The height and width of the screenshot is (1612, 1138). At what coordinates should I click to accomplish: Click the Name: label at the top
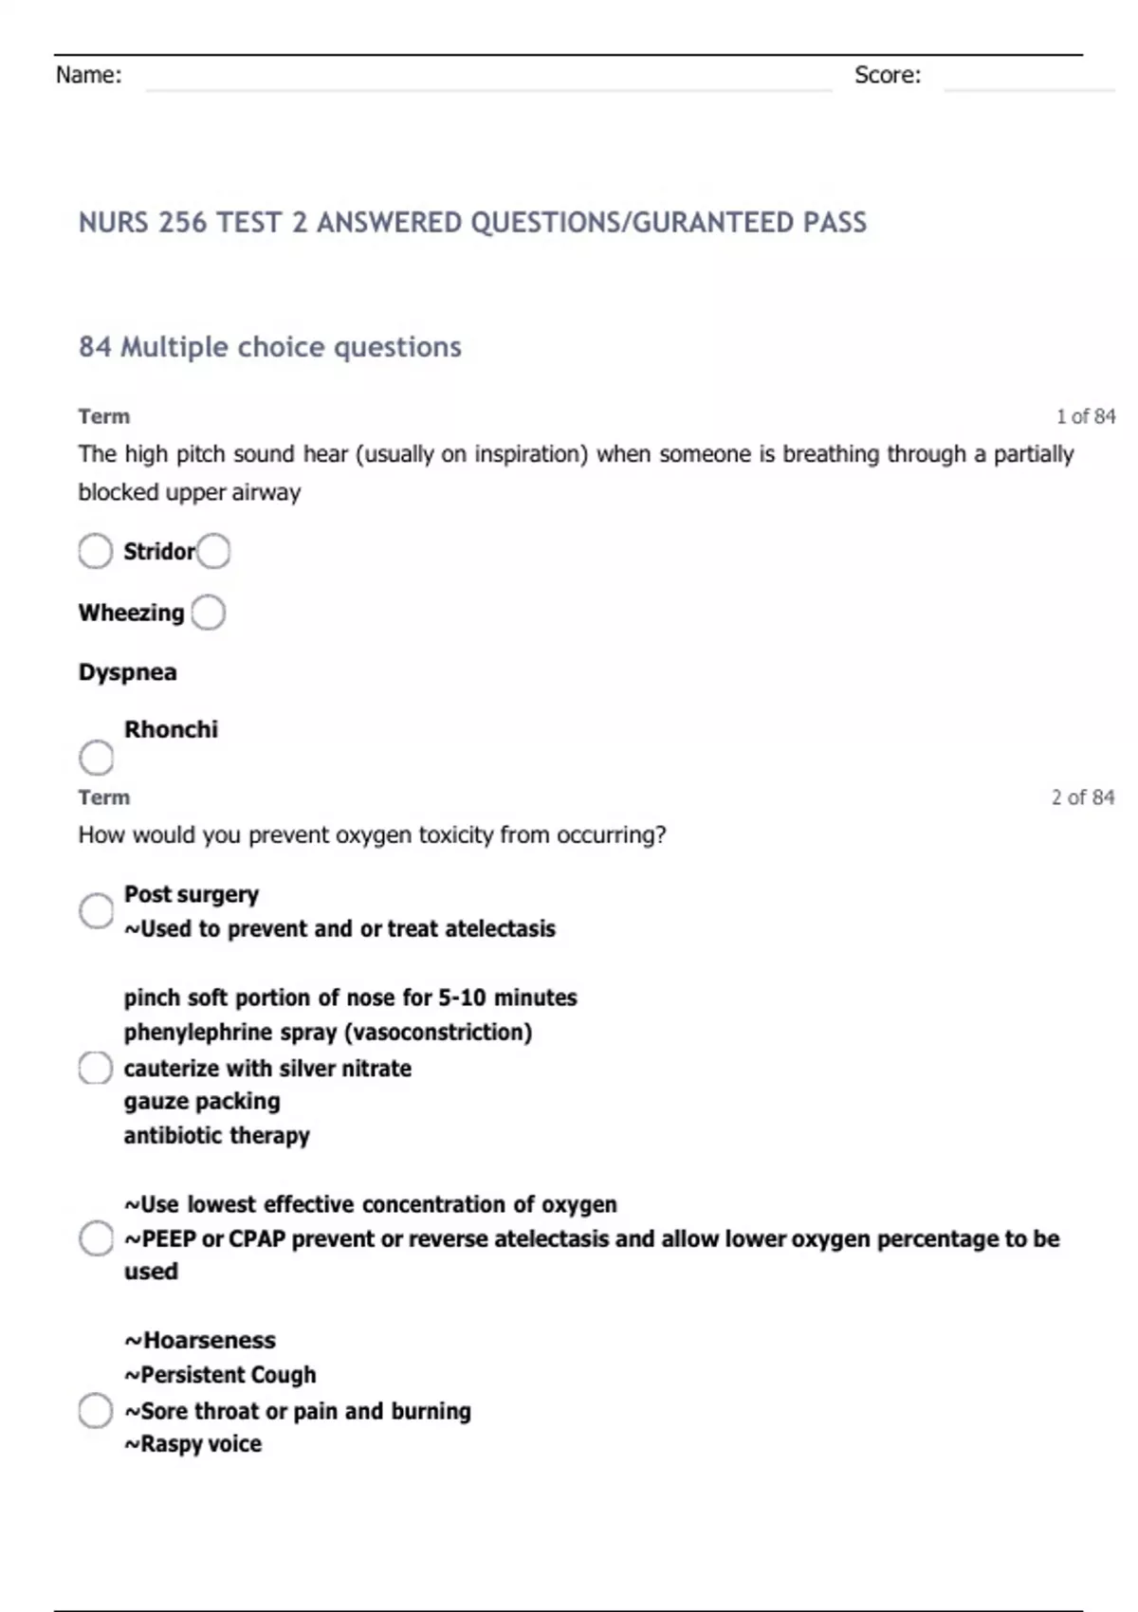pyautogui.click(x=88, y=75)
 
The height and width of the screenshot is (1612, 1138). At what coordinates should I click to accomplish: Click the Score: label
pyautogui.click(x=887, y=75)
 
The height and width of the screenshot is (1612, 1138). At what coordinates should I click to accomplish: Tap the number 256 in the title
pyautogui.click(x=182, y=223)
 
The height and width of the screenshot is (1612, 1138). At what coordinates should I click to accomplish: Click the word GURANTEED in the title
pyautogui.click(x=713, y=223)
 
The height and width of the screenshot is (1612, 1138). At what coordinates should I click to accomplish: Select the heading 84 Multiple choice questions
pyautogui.click(x=269, y=347)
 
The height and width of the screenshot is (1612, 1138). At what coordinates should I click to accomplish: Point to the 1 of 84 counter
pyautogui.click(x=1086, y=416)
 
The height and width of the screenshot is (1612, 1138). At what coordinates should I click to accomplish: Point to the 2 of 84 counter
pyautogui.click(x=1082, y=797)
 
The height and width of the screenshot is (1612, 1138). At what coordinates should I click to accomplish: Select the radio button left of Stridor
pyautogui.click(x=96, y=551)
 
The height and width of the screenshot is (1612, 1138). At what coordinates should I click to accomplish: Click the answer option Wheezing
pyautogui.click(x=131, y=613)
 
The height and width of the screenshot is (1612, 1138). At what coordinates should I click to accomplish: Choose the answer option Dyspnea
pyautogui.click(x=127, y=672)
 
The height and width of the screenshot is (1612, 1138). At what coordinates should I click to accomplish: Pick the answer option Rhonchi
pyautogui.click(x=171, y=729)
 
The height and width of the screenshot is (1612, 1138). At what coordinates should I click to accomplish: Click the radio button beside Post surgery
pyautogui.click(x=96, y=911)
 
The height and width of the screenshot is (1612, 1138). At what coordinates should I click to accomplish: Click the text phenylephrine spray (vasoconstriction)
pyautogui.click(x=327, y=1032)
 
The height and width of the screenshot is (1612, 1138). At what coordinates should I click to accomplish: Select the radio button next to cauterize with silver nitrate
pyautogui.click(x=96, y=1068)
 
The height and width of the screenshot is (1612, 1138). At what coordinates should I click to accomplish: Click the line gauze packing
pyautogui.click(x=202, y=1101)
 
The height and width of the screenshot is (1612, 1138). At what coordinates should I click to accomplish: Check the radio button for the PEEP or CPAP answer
pyautogui.click(x=96, y=1238)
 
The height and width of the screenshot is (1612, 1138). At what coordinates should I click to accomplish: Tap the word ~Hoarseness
pyautogui.click(x=200, y=1340)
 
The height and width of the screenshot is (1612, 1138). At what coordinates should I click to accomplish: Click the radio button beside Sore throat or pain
pyautogui.click(x=96, y=1411)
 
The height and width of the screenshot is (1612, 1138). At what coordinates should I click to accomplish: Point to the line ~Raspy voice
pyautogui.click(x=193, y=1444)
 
